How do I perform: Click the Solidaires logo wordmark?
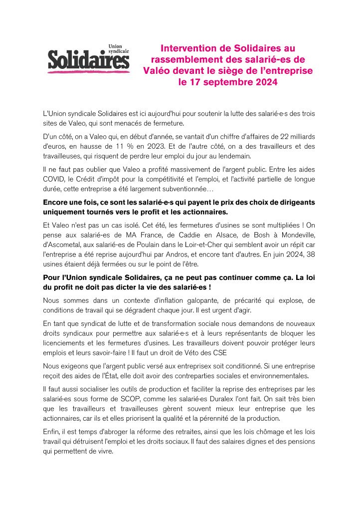coord(89,61)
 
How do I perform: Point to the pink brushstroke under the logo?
coord(89,73)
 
